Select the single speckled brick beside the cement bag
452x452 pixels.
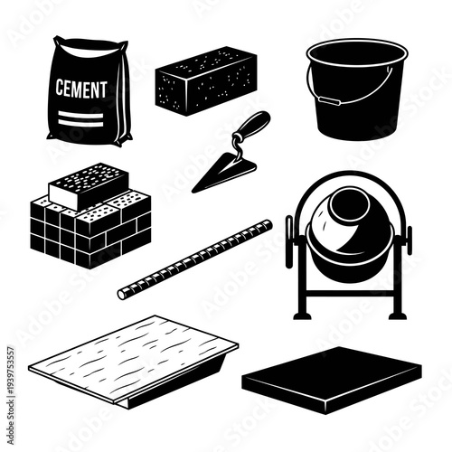(206, 80)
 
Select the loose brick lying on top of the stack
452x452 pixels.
(87, 185)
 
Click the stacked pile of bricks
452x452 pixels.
(90, 226)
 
